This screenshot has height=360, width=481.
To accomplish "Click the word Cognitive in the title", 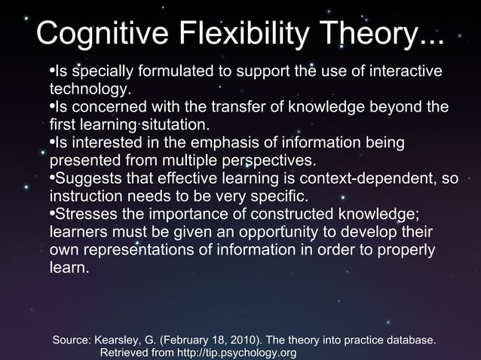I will tap(97, 33).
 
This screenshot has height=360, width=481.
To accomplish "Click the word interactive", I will tap(403, 72).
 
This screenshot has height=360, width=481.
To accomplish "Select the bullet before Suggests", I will tap(52, 178).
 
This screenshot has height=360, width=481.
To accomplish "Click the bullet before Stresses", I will tap(52, 214).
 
